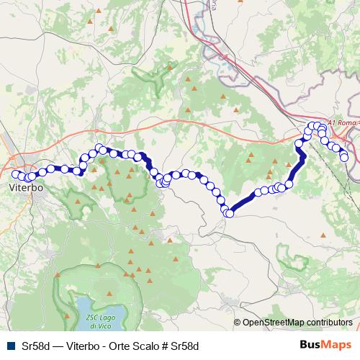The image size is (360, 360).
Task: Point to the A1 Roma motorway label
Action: tap(343, 123)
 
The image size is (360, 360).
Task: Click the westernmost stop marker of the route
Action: tap(15, 174)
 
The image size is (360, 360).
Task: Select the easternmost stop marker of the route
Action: tap(344, 157)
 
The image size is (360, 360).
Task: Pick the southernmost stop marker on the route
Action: tap(230, 213)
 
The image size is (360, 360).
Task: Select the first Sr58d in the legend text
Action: tap(36, 345)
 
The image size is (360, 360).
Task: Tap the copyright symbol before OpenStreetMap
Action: tap(238, 323)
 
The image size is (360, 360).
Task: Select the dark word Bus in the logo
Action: tap(311, 344)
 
